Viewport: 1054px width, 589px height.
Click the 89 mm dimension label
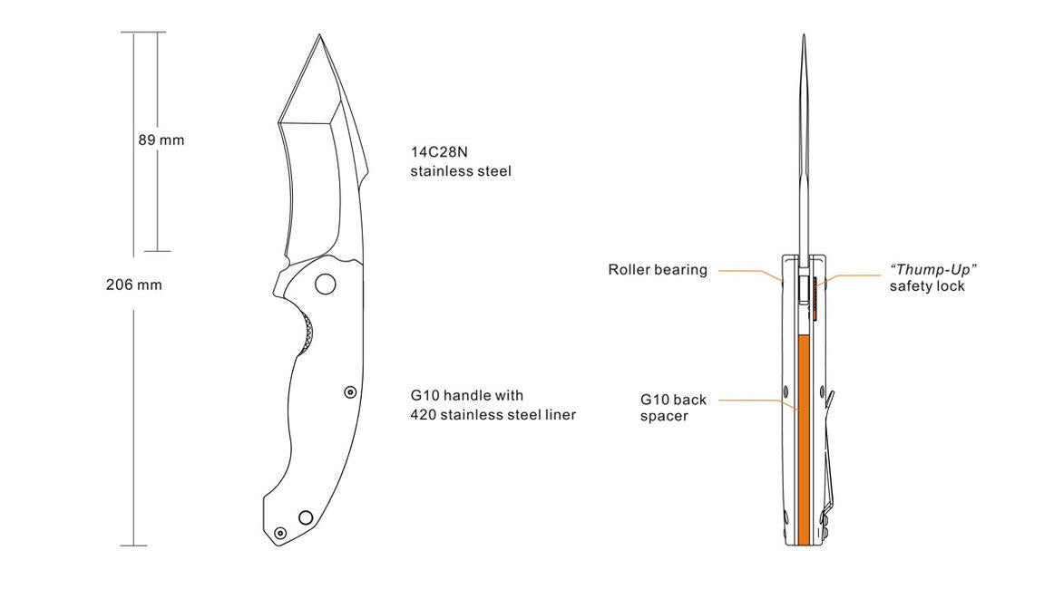coord(161,140)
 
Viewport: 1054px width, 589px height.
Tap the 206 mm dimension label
coord(133,285)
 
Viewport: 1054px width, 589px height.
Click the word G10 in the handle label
coord(425,396)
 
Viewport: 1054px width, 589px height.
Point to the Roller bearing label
coord(658,270)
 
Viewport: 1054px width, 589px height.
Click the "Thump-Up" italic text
coord(932,269)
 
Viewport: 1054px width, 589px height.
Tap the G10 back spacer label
coord(673,408)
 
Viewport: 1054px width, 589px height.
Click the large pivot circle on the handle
coord(326,285)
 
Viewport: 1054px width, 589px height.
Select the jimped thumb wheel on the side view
coord(307,333)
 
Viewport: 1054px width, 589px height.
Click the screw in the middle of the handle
coord(350,391)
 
